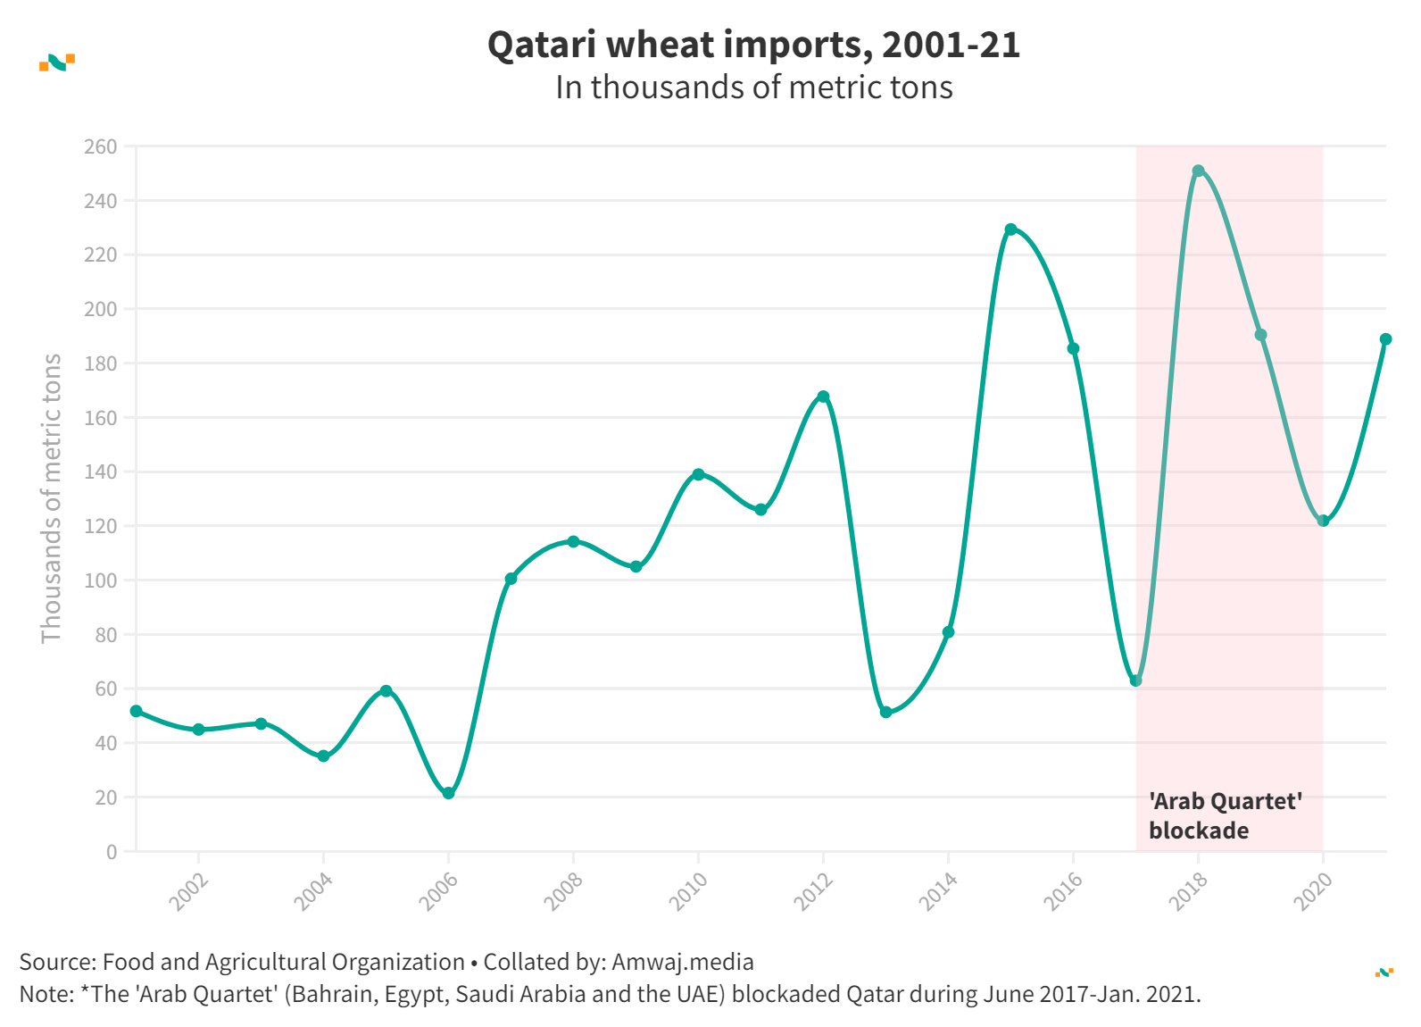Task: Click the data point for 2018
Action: click(1198, 171)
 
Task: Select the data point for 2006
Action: click(448, 793)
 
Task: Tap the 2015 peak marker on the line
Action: click(1010, 230)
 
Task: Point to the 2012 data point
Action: click(823, 397)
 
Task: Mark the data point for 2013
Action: click(885, 712)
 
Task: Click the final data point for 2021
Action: click(1385, 339)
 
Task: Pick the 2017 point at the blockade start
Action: click(1135, 680)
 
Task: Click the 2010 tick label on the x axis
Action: click(688, 891)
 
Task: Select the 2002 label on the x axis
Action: click(188, 891)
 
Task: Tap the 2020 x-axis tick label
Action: click(1313, 891)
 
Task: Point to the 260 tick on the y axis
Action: click(100, 146)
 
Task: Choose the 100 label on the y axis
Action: click(100, 580)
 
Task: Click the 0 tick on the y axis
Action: click(112, 852)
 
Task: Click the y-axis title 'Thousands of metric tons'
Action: click(52, 498)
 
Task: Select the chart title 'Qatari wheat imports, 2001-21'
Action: click(753, 45)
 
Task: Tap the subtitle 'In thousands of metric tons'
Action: click(753, 88)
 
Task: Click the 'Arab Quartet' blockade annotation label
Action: click(1225, 815)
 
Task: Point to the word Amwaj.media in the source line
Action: click(683, 962)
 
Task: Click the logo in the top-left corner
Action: click(57, 63)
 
